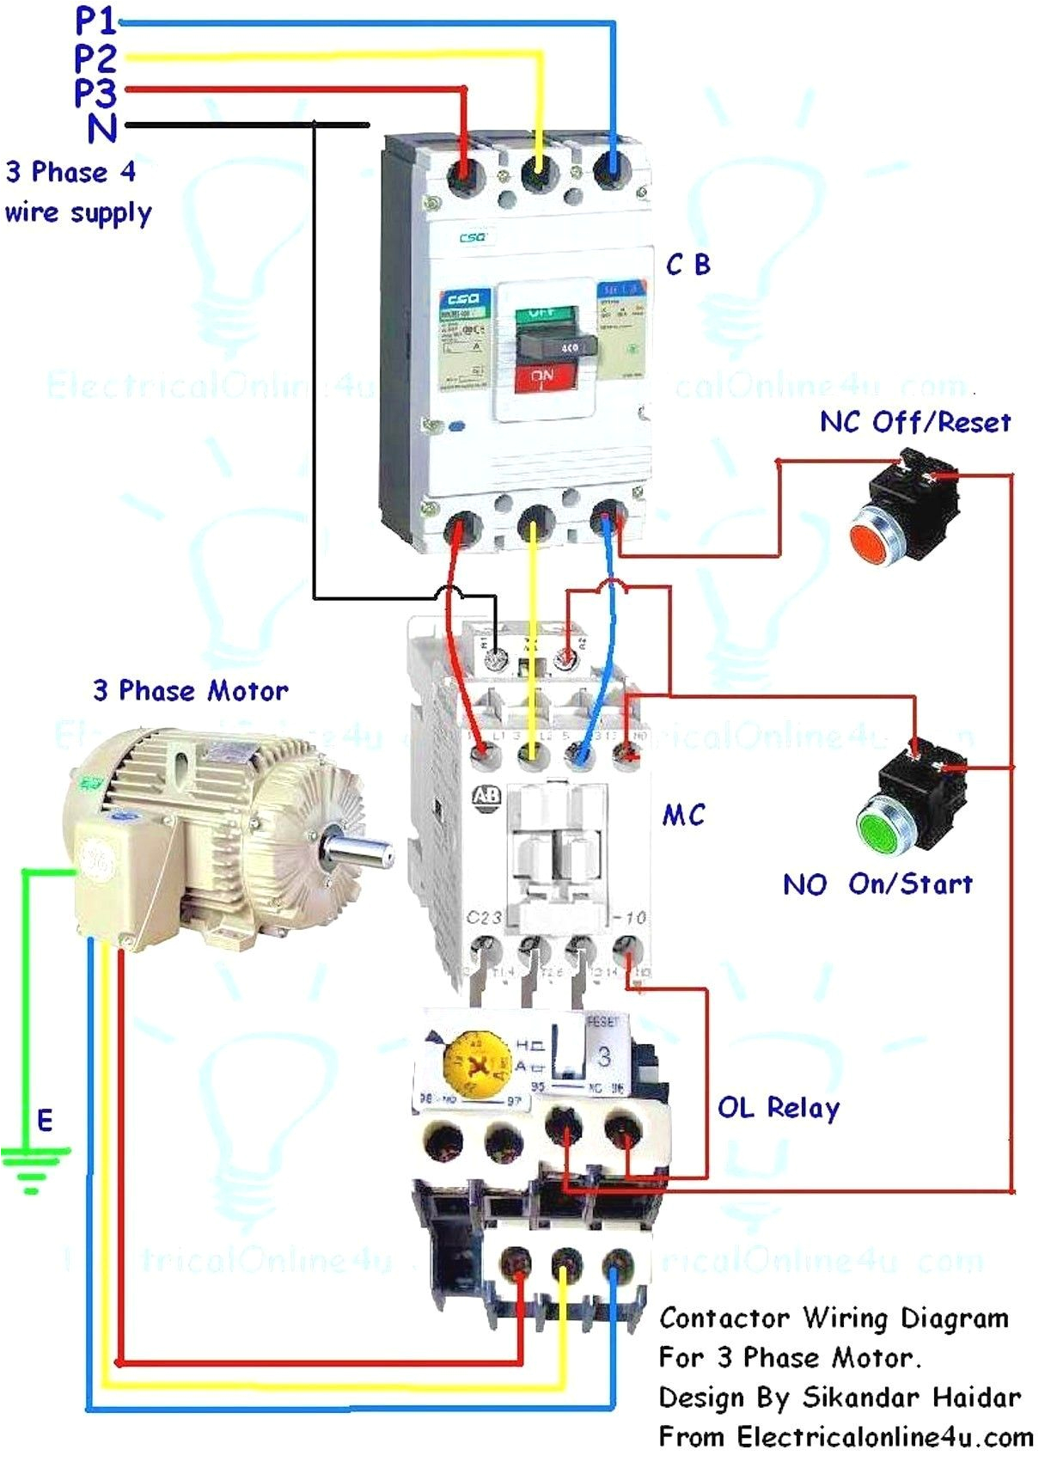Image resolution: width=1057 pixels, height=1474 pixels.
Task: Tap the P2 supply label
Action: coord(95,58)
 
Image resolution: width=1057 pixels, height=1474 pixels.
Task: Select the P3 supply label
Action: coord(95,92)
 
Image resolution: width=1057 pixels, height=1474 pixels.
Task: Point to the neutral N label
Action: coord(101,128)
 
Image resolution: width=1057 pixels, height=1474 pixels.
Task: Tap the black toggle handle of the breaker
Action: coord(555,346)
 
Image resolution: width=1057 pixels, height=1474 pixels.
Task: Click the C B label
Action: coord(688,265)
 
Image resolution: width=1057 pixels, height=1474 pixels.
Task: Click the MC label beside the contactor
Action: coord(684,815)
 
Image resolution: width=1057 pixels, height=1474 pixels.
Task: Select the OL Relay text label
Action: coord(779,1108)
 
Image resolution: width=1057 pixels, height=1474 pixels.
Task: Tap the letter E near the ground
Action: coord(45,1120)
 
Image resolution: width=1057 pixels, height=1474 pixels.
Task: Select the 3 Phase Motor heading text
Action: coord(190,690)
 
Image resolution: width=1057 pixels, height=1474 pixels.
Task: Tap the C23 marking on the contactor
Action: coord(484,918)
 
